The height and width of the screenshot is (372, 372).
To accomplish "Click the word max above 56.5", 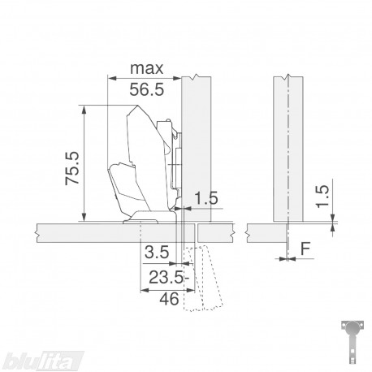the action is [147, 69].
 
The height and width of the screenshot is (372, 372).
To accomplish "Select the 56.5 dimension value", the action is [147, 89].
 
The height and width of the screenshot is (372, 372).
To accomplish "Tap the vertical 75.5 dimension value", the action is [72, 168].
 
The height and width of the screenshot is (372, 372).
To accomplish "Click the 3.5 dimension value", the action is [157, 252].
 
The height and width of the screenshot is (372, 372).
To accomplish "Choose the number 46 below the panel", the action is [169, 299].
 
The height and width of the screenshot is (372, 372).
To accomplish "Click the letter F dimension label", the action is [305, 249].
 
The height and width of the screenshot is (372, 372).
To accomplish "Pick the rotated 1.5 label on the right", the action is [323, 197].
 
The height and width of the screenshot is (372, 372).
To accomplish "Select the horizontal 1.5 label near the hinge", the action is [206, 198].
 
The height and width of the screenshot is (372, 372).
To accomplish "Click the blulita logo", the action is [43, 361].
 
